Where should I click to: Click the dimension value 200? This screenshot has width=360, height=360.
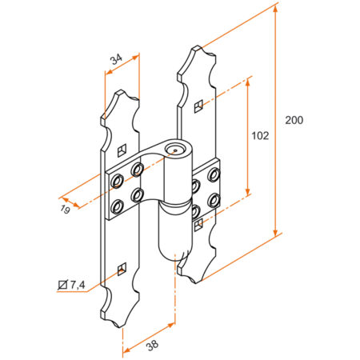[x=294, y=120]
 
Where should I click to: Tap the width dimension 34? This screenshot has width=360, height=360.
[x=115, y=58]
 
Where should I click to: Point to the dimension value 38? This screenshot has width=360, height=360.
[x=153, y=345]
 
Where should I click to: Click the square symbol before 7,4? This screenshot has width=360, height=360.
[x=63, y=285]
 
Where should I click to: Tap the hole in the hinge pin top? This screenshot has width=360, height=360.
[x=175, y=150]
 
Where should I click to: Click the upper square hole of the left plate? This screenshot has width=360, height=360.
[x=121, y=149]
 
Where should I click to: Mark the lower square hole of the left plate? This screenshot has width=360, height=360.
[x=121, y=268]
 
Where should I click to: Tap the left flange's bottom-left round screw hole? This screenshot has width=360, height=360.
[x=118, y=207]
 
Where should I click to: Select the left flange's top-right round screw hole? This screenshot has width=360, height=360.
[x=138, y=170]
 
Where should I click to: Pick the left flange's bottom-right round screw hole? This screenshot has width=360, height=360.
[x=138, y=194]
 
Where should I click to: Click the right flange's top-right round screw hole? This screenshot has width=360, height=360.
[x=214, y=173]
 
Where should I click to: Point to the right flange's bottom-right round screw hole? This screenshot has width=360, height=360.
[x=214, y=198]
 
